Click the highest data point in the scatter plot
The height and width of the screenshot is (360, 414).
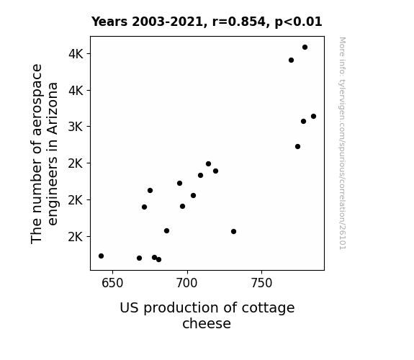(x=305, y=48)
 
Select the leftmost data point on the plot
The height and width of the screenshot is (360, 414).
(x=101, y=256)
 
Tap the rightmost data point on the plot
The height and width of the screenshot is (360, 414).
(x=313, y=116)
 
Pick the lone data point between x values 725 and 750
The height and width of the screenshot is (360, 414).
(x=233, y=231)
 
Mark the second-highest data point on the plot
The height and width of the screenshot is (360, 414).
(x=291, y=60)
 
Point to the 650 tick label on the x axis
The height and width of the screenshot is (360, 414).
(x=112, y=284)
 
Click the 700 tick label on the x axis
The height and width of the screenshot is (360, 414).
(x=187, y=284)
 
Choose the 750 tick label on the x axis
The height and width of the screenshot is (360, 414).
(x=261, y=284)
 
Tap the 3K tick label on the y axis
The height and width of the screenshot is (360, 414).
(x=76, y=127)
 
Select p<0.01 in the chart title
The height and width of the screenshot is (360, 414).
(x=298, y=22)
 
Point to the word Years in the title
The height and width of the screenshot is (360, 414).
(x=109, y=22)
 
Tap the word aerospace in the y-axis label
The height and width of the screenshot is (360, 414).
(x=37, y=100)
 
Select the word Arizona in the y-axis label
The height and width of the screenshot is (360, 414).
(x=53, y=109)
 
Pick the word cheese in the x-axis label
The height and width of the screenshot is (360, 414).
(x=207, y=323)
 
